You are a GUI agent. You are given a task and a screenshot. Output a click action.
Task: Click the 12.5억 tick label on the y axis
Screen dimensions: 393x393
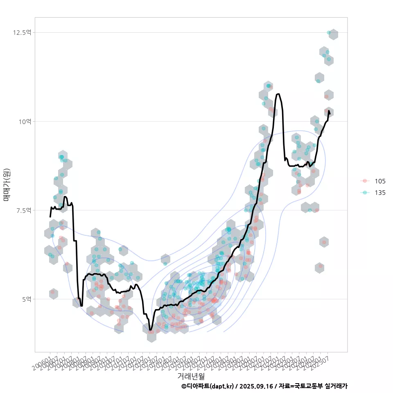point(23,32)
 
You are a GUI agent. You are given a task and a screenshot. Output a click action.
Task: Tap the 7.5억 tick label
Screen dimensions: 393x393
point(24,210)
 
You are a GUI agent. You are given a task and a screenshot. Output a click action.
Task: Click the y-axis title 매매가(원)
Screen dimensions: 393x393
point(7,185)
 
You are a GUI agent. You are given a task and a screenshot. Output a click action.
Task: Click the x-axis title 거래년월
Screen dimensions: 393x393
point(191,375)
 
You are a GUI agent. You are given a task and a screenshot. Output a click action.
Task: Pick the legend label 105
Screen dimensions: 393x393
point(380,181)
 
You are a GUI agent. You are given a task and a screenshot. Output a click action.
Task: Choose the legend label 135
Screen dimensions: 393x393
point(380,193)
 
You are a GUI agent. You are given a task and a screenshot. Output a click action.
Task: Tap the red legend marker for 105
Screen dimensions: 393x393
point(365,181)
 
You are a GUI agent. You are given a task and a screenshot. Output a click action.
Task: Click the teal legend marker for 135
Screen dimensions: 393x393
point(365,193)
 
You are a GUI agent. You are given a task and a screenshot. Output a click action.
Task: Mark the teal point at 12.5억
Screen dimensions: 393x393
point(329,32)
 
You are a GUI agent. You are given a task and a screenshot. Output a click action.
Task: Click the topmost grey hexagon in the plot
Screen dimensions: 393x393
point(333,34)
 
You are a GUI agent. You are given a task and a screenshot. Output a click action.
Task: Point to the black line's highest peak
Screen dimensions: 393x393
point(278,94)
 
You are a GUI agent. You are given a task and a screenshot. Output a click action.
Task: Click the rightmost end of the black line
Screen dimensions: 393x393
point(330,113)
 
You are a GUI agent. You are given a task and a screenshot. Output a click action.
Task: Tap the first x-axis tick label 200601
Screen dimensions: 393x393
point(43,362)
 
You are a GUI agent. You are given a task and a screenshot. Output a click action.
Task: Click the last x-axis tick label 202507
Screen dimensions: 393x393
point(321,362)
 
